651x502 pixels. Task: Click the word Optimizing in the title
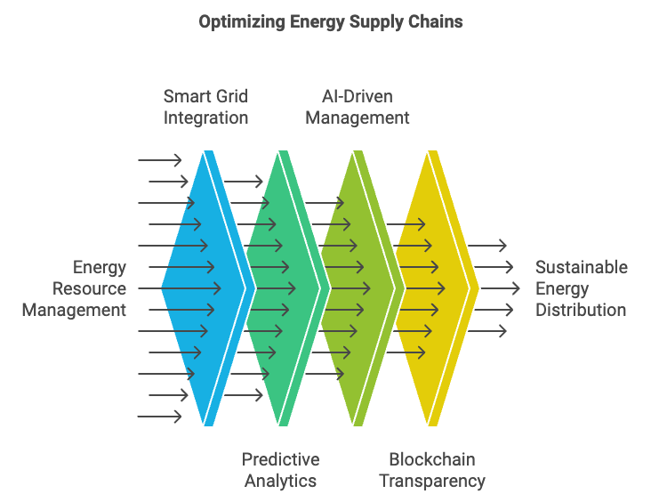pos(242,22)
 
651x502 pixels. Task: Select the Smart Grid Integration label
pos(205,107)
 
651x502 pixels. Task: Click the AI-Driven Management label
pos(358,107)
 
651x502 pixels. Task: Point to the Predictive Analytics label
pos(281,470)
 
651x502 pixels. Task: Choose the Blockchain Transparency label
pos(432,470)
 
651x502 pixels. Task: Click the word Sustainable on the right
pos(582,267)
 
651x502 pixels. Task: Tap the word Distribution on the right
pos(581,310)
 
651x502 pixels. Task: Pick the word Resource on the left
pos(89,288)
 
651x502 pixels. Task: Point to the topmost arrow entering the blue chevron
pos(160,160)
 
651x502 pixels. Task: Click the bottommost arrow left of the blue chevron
pos(160,416)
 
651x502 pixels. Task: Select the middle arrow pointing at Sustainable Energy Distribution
pos(501,288)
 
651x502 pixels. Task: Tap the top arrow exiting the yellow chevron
pos(487,245)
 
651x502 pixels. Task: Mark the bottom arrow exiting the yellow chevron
pos(487,331)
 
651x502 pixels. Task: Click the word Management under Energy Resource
pos(74,311)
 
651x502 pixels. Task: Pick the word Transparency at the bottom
pos(432,482)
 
